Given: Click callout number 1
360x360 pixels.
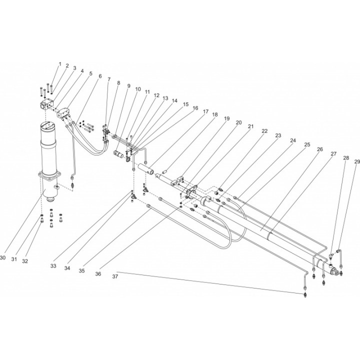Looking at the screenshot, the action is pos(60,64).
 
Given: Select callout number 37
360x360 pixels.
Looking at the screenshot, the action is pos(115,276).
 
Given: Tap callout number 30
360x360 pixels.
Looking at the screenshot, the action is pos(2,258).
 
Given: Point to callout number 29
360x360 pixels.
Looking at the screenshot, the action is pos(357,162).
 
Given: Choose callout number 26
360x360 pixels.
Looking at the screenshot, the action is pos(320,149).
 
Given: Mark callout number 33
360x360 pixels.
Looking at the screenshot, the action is pos(53,266).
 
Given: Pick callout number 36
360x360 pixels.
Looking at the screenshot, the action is pos(98,274).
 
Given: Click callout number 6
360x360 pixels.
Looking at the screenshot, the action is pos(100,76).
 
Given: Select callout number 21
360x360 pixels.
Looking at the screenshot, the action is pos(250,126).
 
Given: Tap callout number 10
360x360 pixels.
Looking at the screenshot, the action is pos(138,89).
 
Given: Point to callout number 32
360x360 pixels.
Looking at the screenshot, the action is pos(25,261).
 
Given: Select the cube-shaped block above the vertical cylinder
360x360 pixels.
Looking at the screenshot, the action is pos(47,105).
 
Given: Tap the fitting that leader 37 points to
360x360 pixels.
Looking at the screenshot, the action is pos(305,294).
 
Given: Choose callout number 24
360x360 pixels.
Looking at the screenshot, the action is pos(293,140).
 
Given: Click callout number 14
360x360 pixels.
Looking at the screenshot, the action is pos(174,100).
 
